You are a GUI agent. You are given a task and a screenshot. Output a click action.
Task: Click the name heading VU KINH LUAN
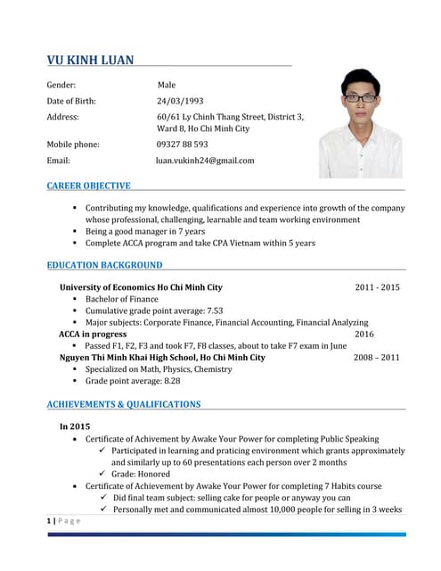tap(90, 60)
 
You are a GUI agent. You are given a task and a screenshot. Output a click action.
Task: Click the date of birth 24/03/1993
tap(180, 101)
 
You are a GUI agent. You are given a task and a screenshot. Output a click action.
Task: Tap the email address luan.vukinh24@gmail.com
tap(205, 161)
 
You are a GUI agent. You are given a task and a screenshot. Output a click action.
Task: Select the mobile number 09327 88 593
tap(182, 144)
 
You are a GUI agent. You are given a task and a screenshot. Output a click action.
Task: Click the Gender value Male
tap(166, 85)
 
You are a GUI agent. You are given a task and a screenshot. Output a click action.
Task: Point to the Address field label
tap(62, 117)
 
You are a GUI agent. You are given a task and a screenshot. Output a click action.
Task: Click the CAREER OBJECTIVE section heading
tap(88, 186)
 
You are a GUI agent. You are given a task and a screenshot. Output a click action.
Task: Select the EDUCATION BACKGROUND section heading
tap(104, 265)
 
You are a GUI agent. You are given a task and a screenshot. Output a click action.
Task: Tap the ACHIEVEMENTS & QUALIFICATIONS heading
tap(123, 404)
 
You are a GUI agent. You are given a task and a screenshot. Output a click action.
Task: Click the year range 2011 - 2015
tap(377, 287)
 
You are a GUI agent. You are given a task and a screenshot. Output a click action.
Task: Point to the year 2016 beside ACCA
tap(364, 334)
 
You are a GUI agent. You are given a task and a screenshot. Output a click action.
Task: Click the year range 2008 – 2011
tap(377, 357)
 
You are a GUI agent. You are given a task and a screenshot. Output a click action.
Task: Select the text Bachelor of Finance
tap(122, 299)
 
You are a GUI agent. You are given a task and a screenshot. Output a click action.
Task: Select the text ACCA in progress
tap(93, 334)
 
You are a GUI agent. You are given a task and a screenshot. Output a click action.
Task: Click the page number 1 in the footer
tap(49, 520)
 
